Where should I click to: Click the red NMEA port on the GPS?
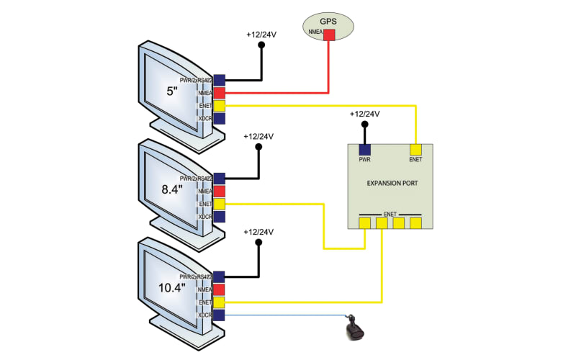[329, 35]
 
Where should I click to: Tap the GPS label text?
[329, 22]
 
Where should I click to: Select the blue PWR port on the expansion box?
[365, 149]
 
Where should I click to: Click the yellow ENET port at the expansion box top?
[415, 149]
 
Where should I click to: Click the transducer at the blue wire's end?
[355, 330]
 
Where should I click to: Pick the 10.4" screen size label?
[173, 287]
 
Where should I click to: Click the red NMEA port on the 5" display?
[220, 93]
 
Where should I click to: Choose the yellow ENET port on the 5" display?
[220, 106]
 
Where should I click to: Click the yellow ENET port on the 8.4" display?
[220, 204]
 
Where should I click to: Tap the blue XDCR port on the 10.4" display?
[220, 315]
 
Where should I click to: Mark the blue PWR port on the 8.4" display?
[220, 178]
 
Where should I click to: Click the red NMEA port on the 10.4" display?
[220, 289]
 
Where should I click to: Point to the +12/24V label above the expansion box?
[364, 114]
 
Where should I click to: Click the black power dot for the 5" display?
[262, 45]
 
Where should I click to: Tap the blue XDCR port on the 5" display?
[220, 119]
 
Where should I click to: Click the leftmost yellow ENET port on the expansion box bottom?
[365, 223]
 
